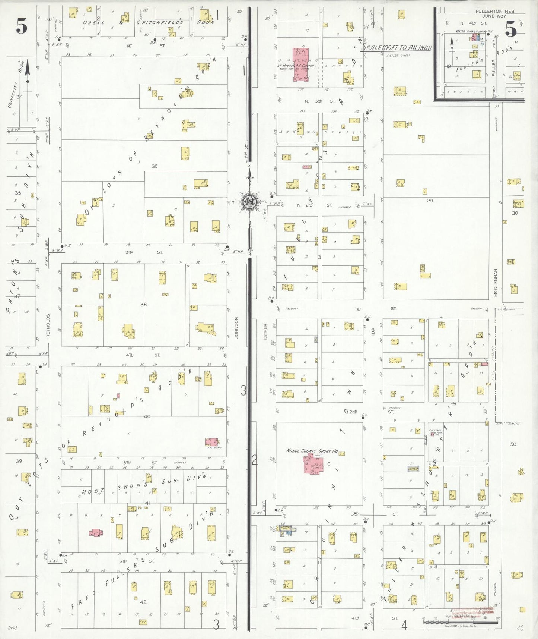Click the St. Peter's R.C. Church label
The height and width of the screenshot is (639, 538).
(x=295, y=66)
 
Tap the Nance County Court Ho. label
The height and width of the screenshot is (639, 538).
(x=312, y=451)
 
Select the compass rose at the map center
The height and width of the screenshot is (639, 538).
(x=250, y=202)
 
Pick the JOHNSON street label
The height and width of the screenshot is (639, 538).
(x=236, y=328)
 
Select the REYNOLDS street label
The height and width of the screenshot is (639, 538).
(x=48, y=325)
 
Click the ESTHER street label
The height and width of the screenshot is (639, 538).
(x=265, y=331)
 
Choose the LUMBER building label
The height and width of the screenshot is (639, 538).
(x=413, y=469)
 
